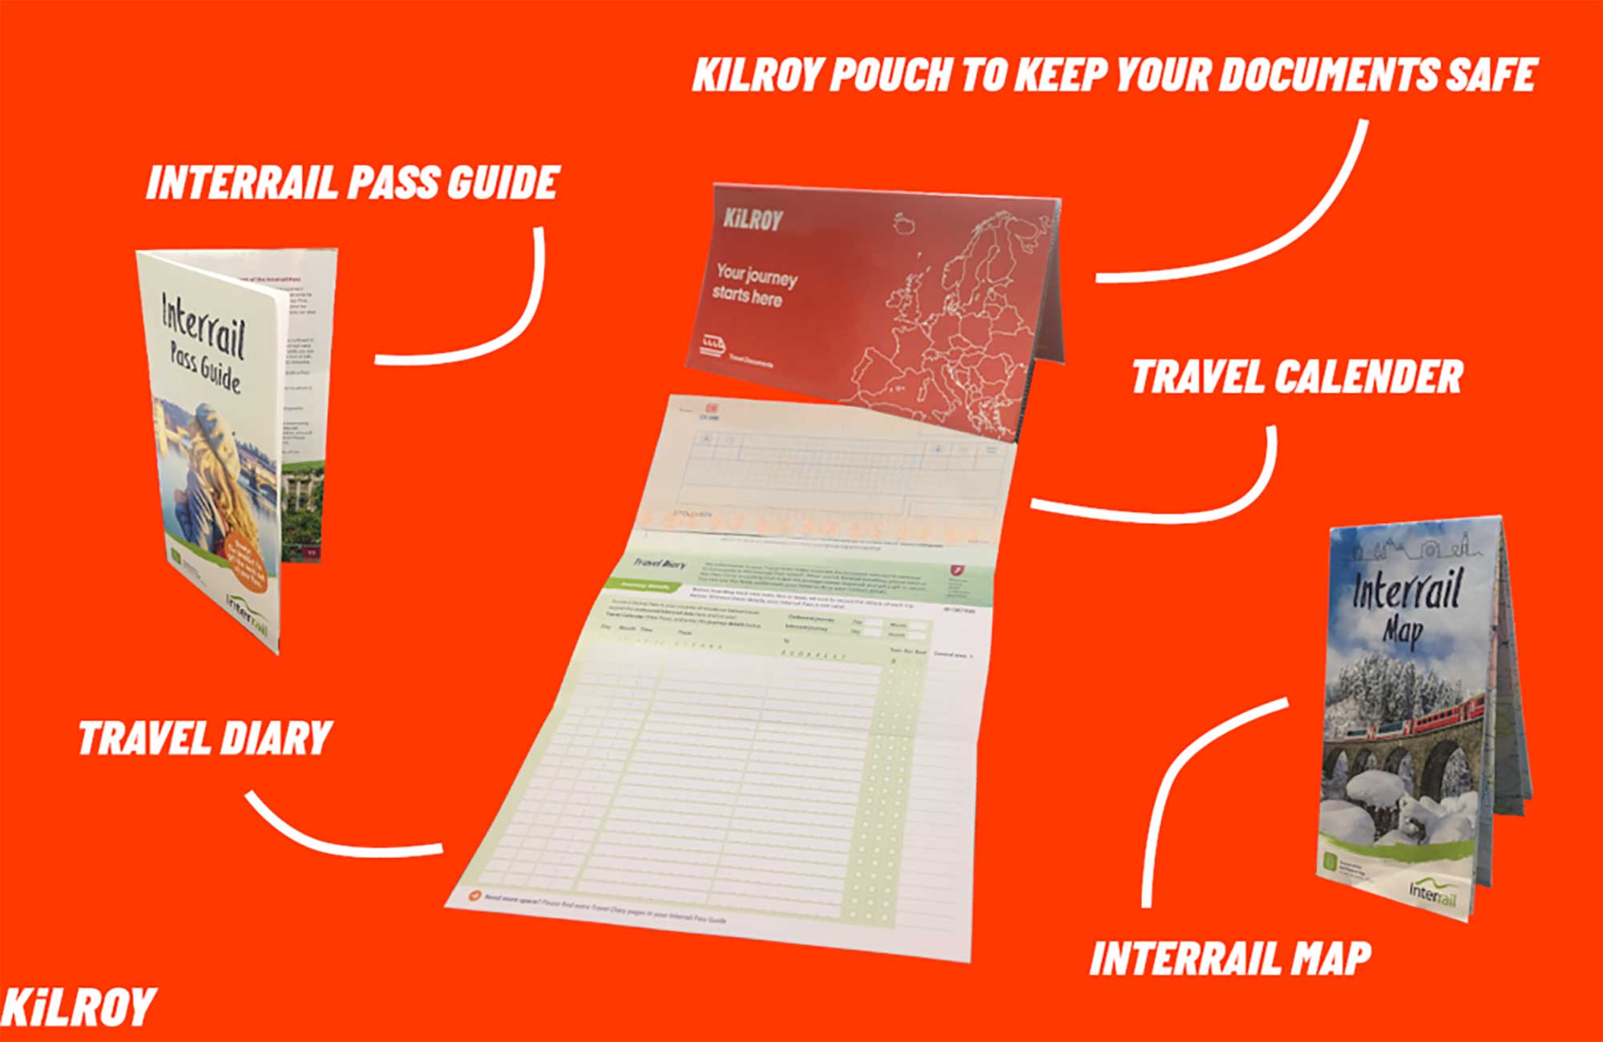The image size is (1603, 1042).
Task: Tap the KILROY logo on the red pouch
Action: tap(752, 219)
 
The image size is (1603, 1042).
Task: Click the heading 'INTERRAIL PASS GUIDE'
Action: tap(352, 183)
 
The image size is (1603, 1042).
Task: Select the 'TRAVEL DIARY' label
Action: tap(205, 738)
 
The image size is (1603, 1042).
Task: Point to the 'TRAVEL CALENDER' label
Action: tap(1297, 377)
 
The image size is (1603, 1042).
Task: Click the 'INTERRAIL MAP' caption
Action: tap(1230, 959)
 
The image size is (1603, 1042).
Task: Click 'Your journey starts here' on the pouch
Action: tap(753, 285)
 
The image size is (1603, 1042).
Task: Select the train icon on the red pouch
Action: tap(712, 345)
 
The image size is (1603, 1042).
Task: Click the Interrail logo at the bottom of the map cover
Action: tap(1431, 892)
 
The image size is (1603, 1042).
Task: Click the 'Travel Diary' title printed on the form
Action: tap(660, 563)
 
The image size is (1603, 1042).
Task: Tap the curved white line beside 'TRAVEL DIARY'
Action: tap(337, 834)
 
